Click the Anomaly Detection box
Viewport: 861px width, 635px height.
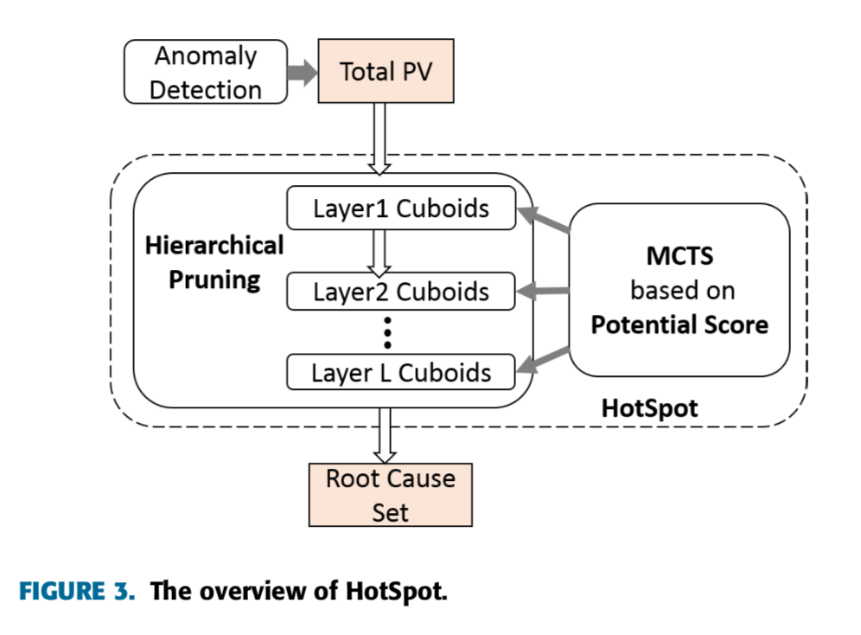206,74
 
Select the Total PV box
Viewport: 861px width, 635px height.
385,72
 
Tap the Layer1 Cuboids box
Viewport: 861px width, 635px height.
401,209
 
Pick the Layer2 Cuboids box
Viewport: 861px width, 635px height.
401,292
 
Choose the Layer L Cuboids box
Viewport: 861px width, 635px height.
401,373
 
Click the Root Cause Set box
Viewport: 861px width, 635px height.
390,495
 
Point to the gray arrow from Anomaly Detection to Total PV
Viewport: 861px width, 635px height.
303,73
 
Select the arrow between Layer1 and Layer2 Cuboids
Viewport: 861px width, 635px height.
378,251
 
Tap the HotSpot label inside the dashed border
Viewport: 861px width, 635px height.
649,407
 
